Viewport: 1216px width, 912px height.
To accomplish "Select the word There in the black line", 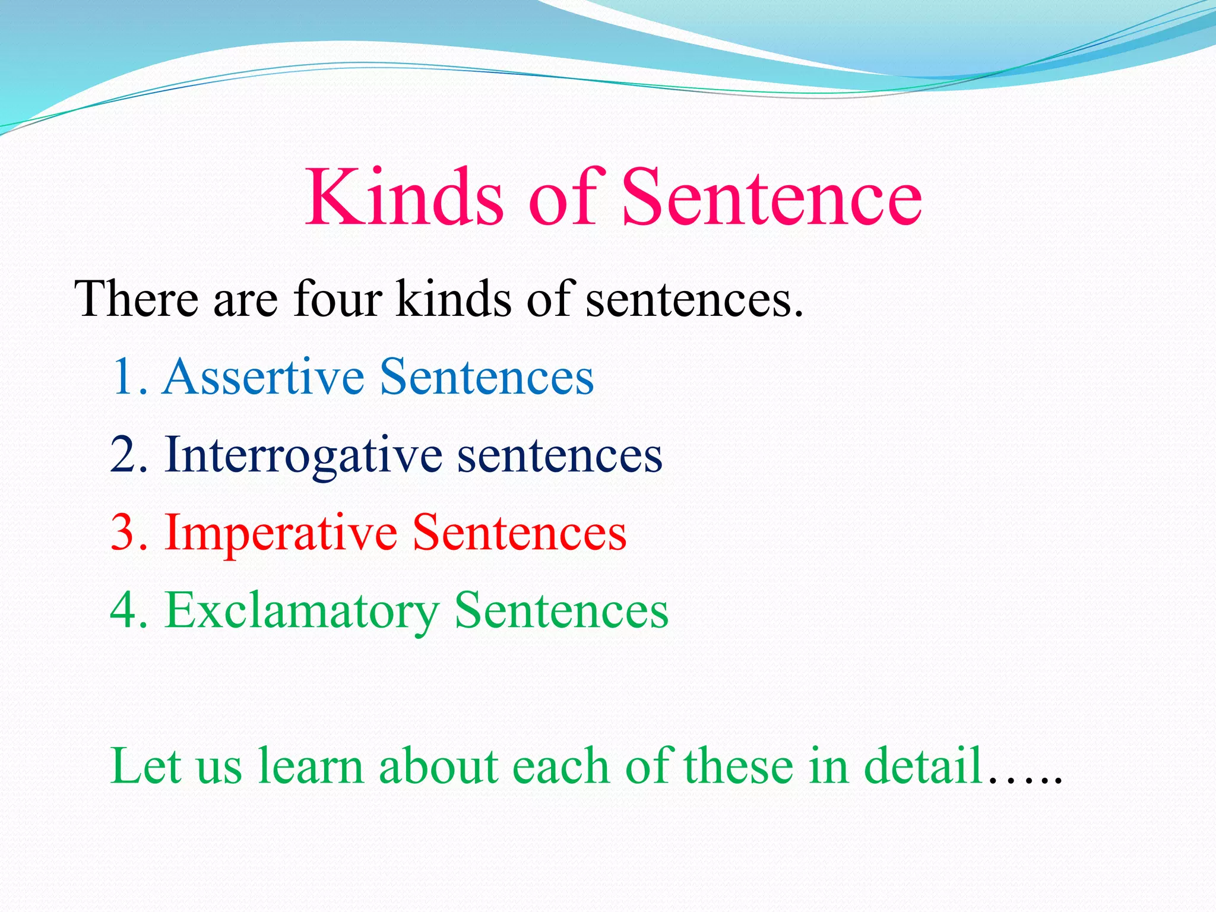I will tap(136, 299).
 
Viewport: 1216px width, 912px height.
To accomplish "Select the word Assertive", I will tap(264, 376).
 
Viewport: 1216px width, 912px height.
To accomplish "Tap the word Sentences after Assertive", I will tap(487, 376).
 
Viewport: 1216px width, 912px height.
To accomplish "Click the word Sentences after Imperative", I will tap(520, 533).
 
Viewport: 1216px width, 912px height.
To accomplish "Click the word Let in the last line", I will tap(145, 766).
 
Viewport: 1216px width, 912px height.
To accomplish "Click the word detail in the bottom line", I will tap(923, 766).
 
